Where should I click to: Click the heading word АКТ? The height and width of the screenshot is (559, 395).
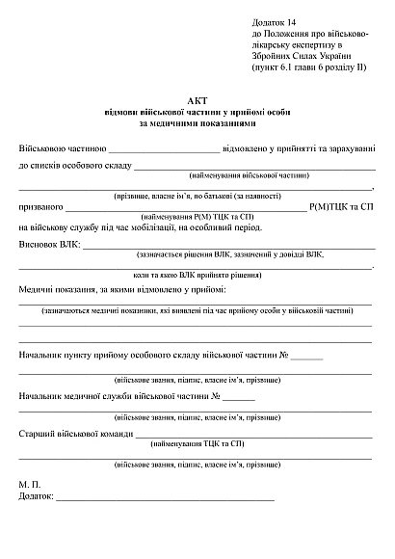pos(197,100)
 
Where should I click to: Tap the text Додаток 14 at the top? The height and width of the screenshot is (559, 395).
pos(275,21)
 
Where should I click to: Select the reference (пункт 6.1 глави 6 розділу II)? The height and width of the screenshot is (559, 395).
pos(308,69)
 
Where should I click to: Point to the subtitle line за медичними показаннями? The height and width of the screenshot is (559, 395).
pos(197,123)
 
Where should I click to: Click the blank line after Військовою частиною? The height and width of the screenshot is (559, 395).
pos(164,150)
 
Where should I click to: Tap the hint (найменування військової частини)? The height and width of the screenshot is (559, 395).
pos(250,177)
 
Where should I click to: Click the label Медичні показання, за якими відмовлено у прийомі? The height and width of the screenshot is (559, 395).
pos(122,289)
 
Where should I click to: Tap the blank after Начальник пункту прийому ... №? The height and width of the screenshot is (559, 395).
pos(306,358)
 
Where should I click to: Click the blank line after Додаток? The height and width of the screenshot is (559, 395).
pos(164,498)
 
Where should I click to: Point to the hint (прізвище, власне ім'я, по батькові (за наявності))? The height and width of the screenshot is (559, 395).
pos(197,196)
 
